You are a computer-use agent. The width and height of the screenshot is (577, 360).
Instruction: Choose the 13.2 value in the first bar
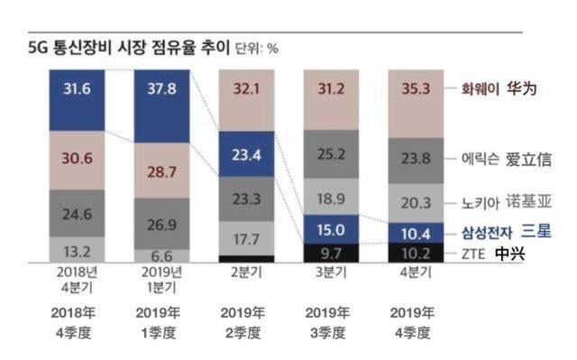[76, 250]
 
